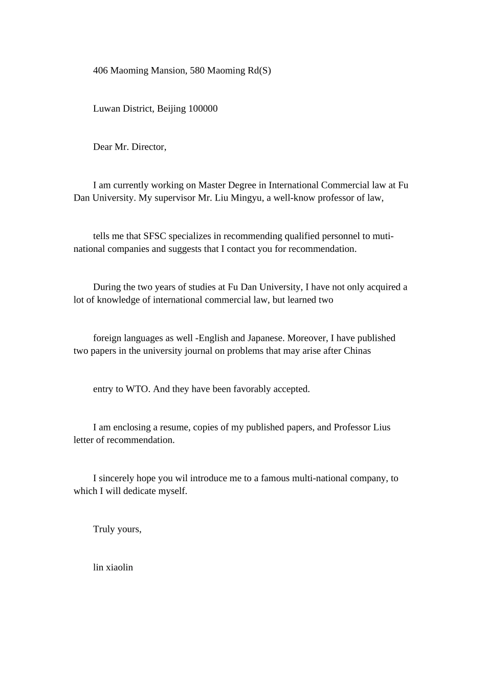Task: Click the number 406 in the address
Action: (100, 71)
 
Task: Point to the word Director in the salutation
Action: (148, 147)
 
